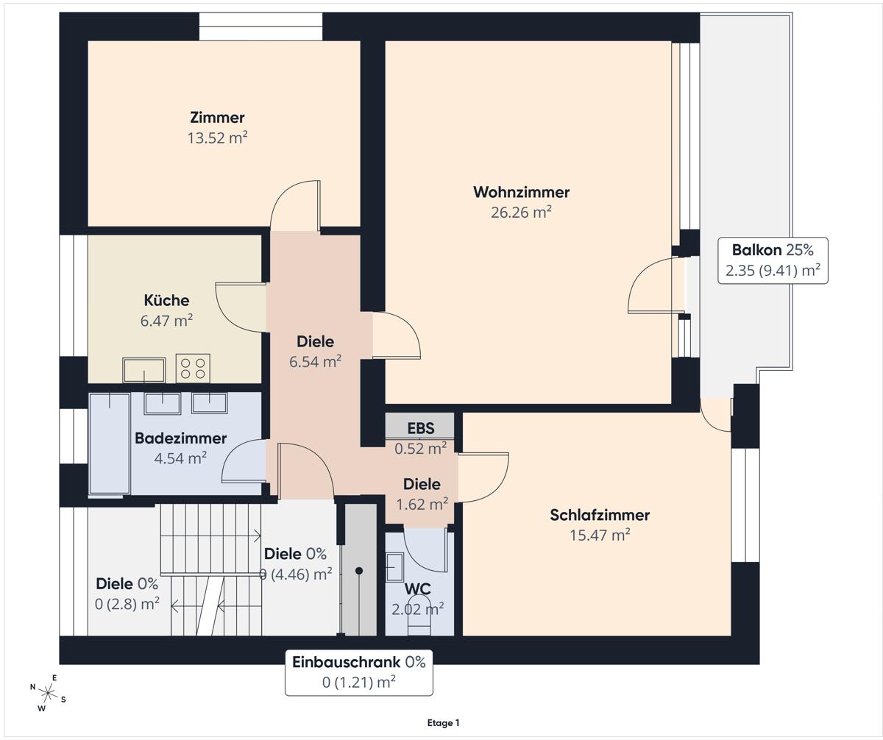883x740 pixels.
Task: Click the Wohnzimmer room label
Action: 521,192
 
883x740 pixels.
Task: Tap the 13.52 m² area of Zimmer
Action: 217,138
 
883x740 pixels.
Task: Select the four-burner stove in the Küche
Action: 193,369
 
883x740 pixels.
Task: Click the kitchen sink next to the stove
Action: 143,370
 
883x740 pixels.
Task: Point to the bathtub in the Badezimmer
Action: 110,444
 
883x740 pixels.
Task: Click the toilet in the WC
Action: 419,615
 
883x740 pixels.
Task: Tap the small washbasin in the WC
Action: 395,567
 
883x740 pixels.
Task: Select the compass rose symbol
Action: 49,693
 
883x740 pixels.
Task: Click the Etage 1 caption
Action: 443,723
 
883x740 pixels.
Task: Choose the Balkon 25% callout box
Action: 773,260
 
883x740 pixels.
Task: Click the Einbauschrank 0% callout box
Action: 358,673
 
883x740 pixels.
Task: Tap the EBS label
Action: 421,428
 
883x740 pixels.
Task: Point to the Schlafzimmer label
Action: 600,515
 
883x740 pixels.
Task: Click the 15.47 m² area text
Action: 600,536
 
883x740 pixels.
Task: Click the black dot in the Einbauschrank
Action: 359,571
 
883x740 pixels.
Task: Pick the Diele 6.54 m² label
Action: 315,352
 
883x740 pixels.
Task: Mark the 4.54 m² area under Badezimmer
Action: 180,458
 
